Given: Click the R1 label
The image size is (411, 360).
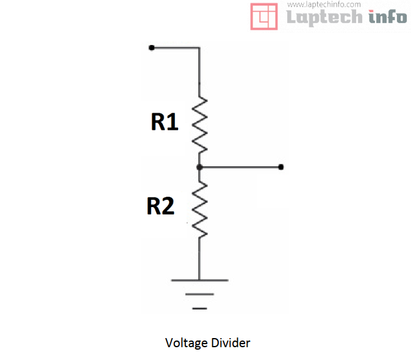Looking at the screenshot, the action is pos(165,121).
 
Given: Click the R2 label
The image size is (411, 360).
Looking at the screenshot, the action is pos(160,206).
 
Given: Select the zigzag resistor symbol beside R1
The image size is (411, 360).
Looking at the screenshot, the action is pos(199,125).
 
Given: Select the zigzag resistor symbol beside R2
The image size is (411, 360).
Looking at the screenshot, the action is pos(199,210).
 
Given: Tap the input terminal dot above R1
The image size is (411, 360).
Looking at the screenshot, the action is pos(151,48).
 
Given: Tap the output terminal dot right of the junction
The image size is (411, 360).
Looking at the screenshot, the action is pos(281,167).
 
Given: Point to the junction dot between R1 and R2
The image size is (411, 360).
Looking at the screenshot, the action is pos(199,167).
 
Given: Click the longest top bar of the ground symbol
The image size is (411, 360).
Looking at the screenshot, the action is pos(200,280).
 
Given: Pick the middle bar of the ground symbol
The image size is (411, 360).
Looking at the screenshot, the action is pos(199,294).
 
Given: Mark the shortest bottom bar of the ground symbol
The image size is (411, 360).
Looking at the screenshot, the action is pos(199,308).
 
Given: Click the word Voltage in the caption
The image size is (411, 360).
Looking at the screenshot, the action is pos(187,343).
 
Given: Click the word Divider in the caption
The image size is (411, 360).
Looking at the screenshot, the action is pos(231,343).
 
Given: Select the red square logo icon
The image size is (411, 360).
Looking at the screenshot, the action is pos(264,16).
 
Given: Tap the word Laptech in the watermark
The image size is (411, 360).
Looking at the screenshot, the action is pos(324,17).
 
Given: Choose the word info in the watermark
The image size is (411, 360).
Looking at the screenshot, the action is pos(388,16).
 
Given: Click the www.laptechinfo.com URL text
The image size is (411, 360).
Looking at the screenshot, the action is pos(324,4).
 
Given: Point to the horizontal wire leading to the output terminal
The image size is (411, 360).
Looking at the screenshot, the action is pos(240,167).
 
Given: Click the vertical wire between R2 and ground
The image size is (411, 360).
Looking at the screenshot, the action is pos(199,259).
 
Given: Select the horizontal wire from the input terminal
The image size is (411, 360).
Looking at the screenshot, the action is pos(176,48).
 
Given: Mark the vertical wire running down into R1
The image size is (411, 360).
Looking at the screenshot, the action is pos(199,72).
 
